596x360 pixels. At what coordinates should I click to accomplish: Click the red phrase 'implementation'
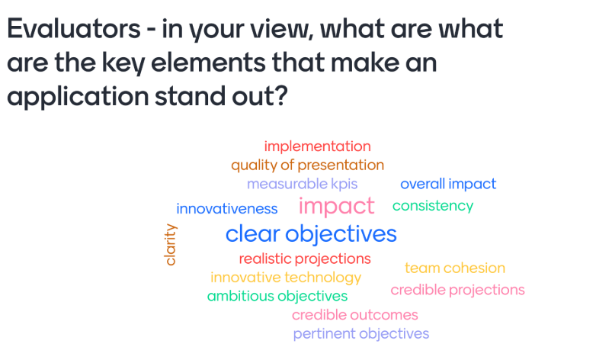[317, 147]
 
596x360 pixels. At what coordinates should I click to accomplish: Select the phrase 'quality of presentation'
[307, 166]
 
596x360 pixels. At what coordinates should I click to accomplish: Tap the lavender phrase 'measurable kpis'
[302, 184]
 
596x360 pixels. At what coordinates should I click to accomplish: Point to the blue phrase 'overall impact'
[448, 184]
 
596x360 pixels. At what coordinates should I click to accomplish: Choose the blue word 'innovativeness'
[227, 208]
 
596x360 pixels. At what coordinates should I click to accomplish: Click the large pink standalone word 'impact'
[336, 207]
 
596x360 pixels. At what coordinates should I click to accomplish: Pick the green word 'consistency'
[433, 206]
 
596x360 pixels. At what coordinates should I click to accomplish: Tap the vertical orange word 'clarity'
[170, 245]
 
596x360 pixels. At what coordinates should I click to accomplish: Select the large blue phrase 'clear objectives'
[311, 233]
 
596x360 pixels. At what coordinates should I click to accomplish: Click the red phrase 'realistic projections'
[305, 259]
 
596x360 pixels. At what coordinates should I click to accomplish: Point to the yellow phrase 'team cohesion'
[455, 268]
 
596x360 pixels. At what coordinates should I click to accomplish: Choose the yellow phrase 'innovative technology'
[286, 278]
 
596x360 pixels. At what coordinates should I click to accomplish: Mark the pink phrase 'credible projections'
[457, 290]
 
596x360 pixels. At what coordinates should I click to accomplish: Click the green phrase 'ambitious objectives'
[277, 296]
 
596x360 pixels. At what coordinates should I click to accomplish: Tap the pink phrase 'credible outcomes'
[355, 315]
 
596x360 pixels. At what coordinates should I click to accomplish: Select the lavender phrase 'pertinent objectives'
[361, 334]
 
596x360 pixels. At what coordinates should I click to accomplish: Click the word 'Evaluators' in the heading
[74, 28]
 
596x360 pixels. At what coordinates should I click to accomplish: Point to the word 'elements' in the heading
[208, 63]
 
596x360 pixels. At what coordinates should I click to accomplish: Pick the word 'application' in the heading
[78, 97]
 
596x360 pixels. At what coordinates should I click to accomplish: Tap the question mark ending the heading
[280, 95]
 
